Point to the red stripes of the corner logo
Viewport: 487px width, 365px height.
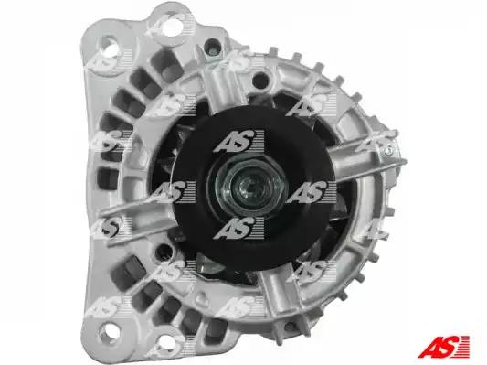click(464, 346)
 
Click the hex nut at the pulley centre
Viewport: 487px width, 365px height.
click(248, 186)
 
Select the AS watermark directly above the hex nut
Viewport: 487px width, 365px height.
click(238, 142)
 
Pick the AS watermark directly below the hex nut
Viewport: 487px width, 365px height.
click(238, 228)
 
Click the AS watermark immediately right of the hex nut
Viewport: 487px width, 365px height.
click(311, 192)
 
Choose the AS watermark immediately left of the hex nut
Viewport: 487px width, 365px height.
click(170, 192)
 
